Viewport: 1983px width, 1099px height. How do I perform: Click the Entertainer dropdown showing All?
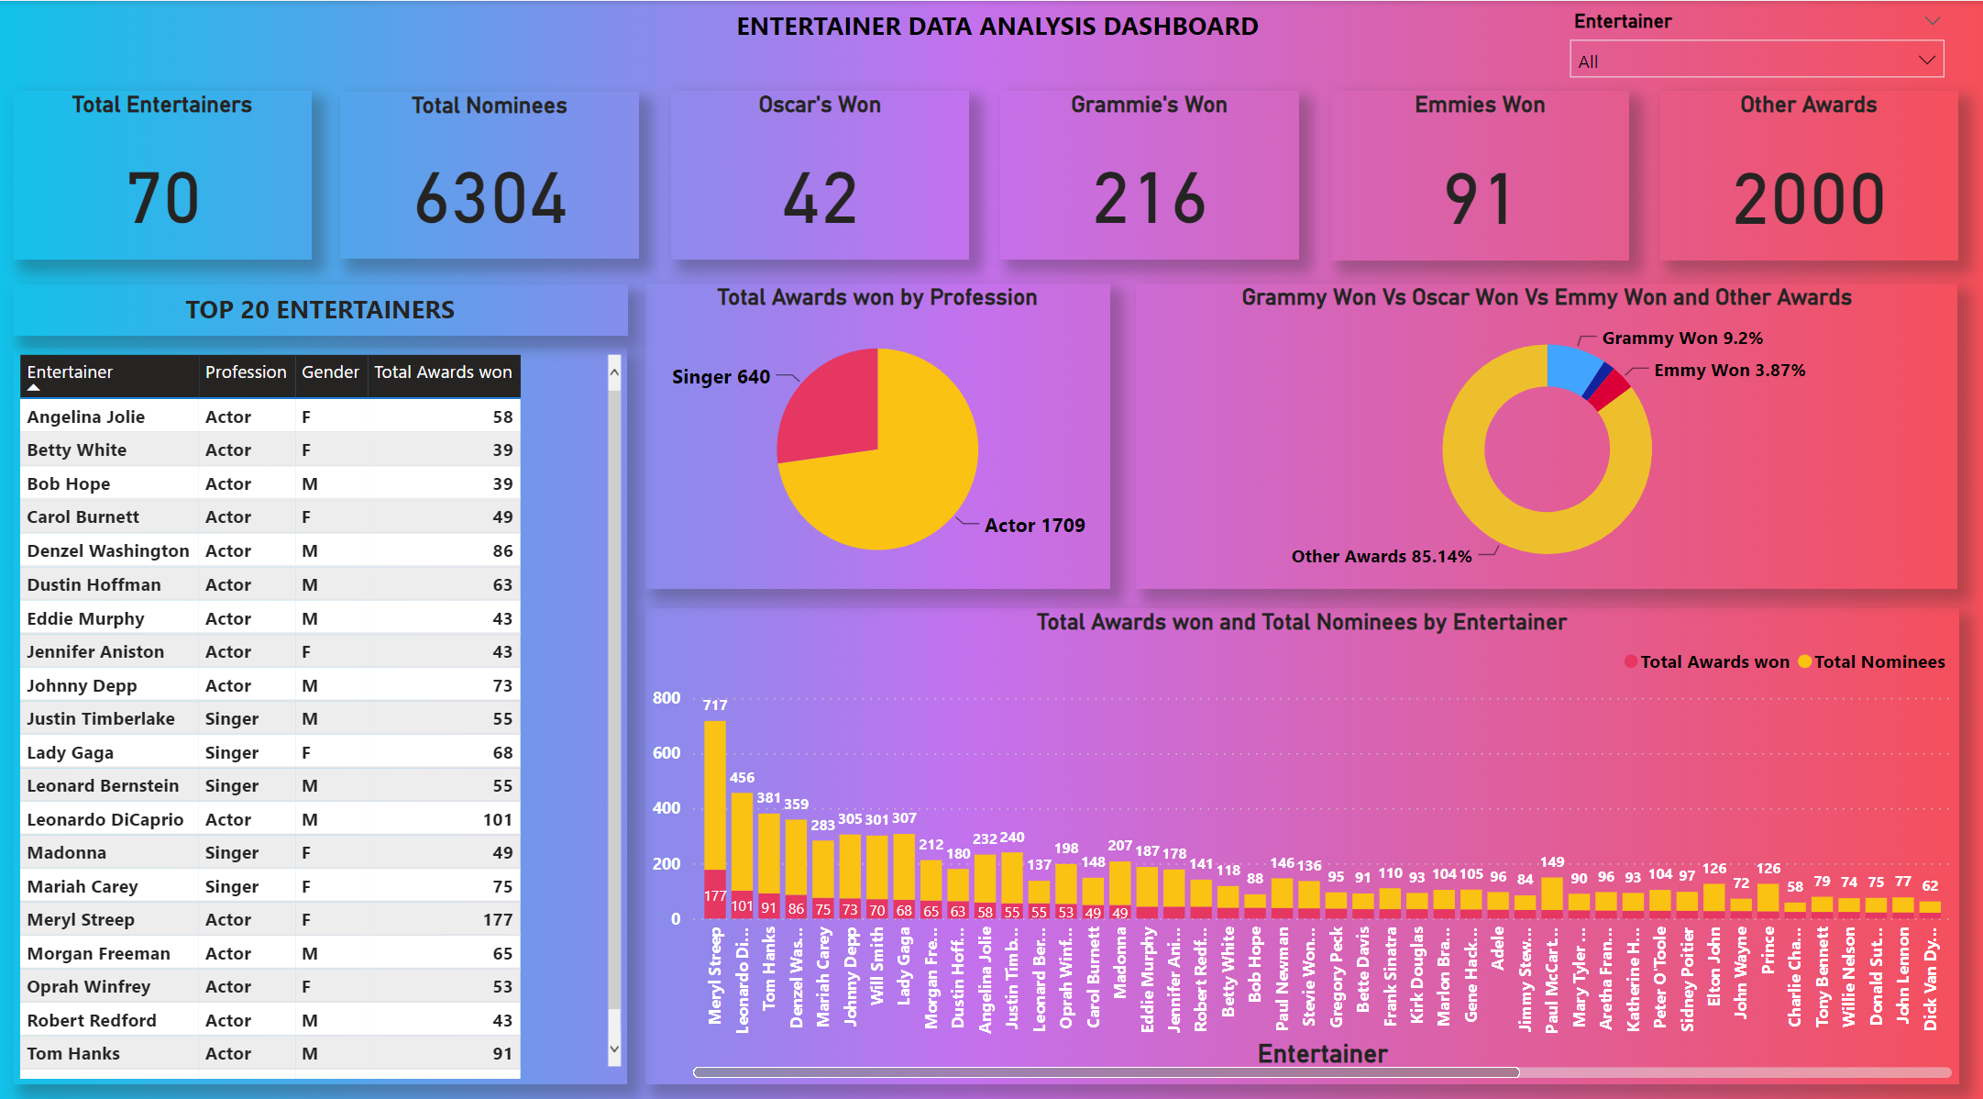[1755, 61]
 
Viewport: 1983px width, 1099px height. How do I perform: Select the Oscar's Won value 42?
[820, 199]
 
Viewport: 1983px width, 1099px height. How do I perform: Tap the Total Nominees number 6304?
[490, 199]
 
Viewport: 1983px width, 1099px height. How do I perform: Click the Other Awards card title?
[1808, 105]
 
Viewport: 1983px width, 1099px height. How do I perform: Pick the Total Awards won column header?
[443, 372]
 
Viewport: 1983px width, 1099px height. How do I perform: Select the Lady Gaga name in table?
[71, 753]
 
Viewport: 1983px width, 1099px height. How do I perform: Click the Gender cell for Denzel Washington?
[310, 551]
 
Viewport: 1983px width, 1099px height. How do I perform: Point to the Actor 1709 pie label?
[1034, 526]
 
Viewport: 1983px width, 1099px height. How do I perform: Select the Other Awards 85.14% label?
[1381, 557]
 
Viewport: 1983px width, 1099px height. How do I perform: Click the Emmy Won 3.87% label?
[1729, 371]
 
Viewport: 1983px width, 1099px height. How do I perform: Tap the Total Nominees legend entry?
[1878, 662]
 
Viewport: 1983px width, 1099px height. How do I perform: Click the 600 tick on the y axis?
[667, 753]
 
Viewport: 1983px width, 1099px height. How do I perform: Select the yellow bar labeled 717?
[714, 794]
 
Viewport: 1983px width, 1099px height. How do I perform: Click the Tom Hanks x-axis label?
[768, 967]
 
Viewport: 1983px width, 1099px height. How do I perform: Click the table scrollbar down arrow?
[614, 1049]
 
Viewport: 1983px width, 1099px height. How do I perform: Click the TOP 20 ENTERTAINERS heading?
[320, 310]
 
